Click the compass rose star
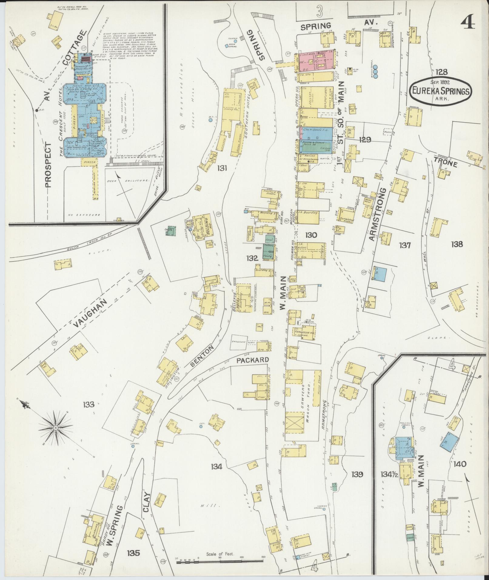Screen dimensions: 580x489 coord(55,428)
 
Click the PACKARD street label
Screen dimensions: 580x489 coord(253,360)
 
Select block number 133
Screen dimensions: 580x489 coord(89,404)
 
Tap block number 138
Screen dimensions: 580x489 coord(457,244)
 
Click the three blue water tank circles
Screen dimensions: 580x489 coord(376,72)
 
